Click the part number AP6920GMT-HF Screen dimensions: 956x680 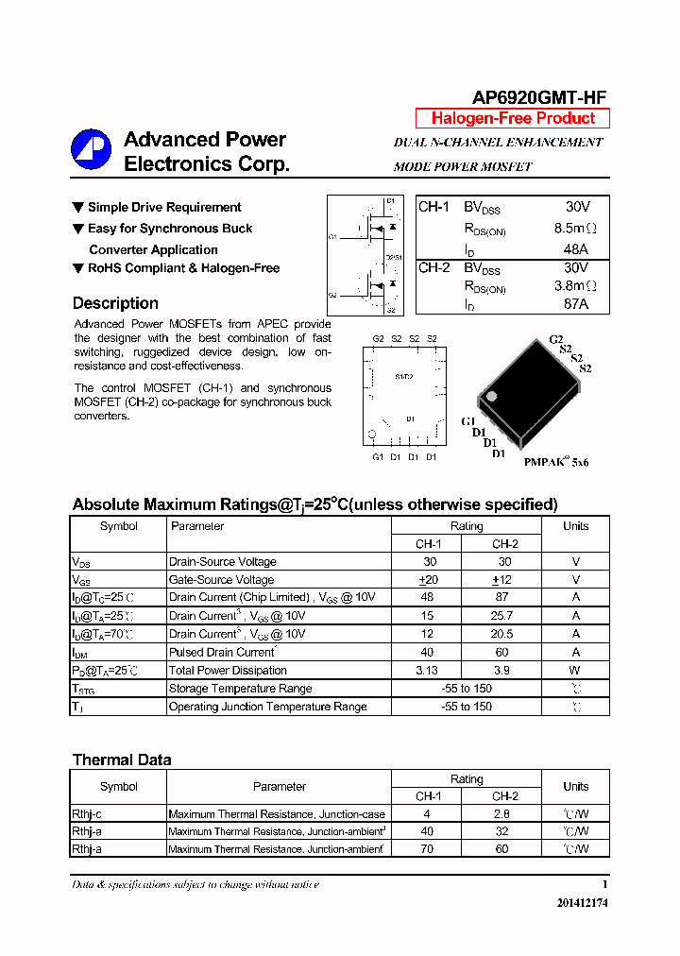pos(539,97)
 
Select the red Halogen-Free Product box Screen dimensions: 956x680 pos(513,118)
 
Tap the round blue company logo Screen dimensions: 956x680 pos(91,149)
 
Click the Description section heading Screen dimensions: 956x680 pos(115,303)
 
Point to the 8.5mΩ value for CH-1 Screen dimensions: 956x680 pos(576,228)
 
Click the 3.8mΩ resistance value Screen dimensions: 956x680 pos(576,285)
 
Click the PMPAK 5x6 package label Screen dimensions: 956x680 pos(556,463)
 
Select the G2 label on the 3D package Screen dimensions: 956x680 pos(555,339)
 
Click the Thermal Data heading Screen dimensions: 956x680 pos(122,760)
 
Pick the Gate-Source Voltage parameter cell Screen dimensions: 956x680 pos(221,580)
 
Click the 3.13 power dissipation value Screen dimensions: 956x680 pos(428,671)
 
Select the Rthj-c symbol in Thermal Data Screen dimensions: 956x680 pos(87,813)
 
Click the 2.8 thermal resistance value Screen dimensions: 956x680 pos(502,813)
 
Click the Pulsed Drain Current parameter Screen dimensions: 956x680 pos(221,653)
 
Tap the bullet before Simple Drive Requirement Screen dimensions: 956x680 pos(78,207)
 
